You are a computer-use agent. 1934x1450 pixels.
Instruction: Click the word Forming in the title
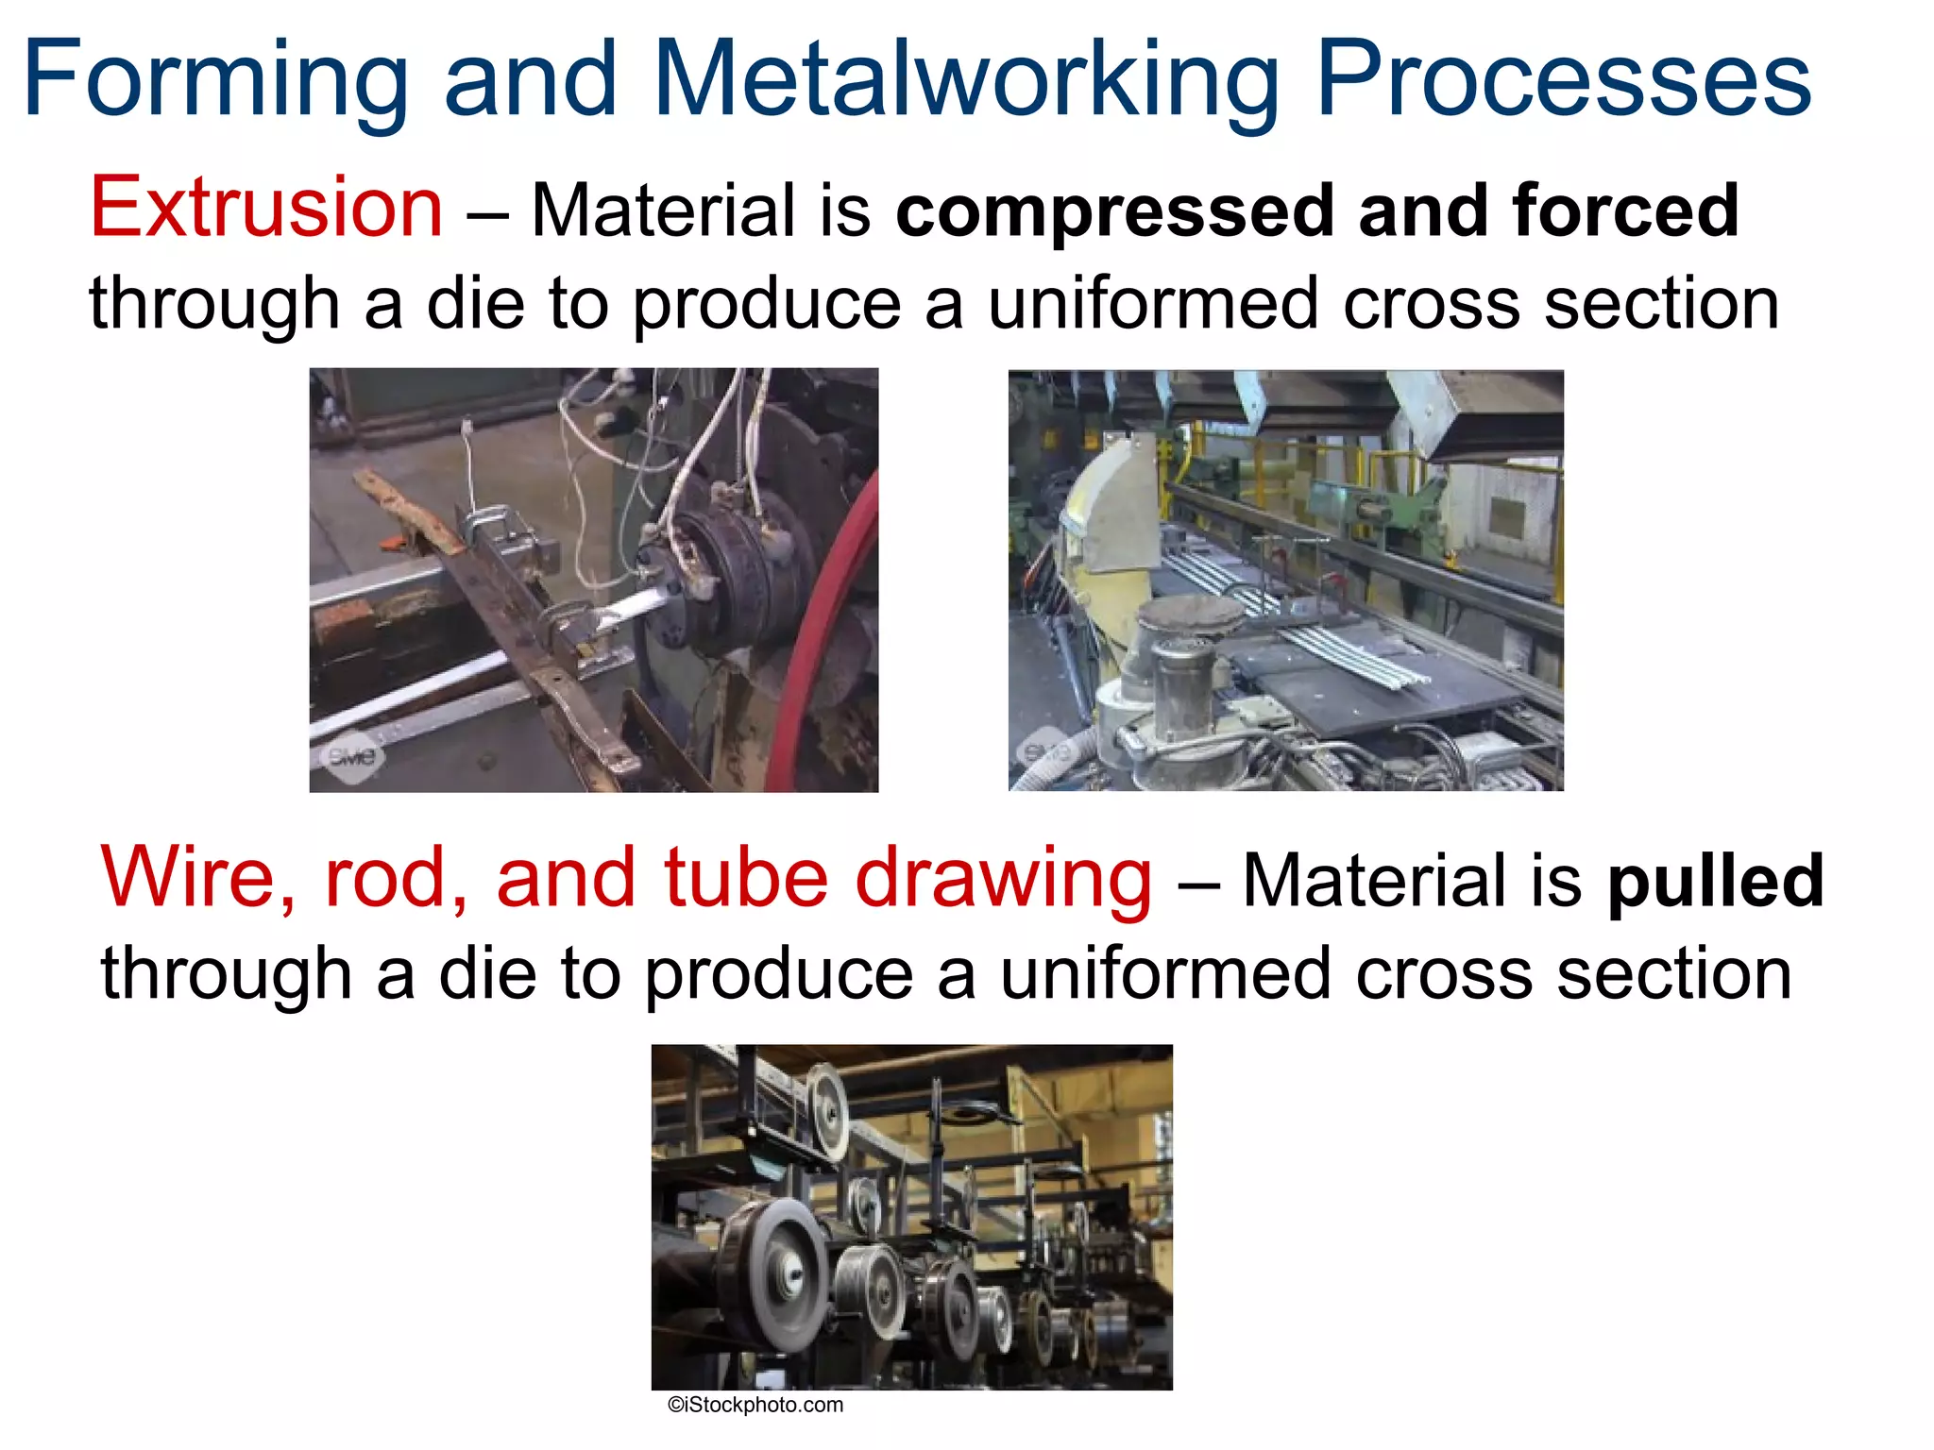[x=215, y=79]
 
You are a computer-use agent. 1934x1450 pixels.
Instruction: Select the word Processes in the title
[x=1563, y=79]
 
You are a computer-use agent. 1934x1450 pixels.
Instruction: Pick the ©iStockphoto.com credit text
[x=755, y=1405]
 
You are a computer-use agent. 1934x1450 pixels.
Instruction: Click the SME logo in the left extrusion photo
[x=353, y=756]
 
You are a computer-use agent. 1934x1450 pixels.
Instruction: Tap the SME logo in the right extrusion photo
[x=1048, y=751]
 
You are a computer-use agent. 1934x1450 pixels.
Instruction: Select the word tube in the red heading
[x=746, y=878]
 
